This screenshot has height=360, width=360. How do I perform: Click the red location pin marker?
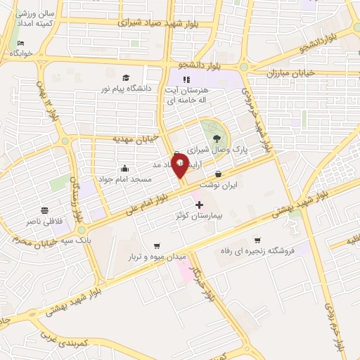[x=180, y=165]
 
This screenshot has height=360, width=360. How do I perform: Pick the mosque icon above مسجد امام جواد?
[x=124, y=168]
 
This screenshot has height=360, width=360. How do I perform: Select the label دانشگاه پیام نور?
[x=127, y=89]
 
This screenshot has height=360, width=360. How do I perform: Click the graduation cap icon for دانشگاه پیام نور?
[x=126, y=78]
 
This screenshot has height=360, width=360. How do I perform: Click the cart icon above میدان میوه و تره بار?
[x=155, y=246]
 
